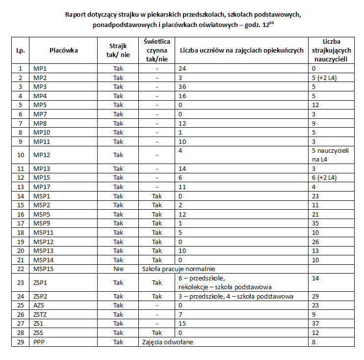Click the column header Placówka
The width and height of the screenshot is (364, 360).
[64, 50]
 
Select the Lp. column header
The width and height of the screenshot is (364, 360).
[20, 50]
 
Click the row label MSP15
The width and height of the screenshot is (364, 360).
[42, 269]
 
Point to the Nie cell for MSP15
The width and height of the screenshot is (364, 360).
[118, 269]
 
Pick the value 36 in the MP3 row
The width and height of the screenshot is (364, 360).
[182, 87]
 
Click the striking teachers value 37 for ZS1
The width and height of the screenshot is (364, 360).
[316, 324]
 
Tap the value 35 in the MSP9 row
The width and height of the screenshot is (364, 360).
[316, 223]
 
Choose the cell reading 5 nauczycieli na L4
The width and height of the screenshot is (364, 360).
[330, 155]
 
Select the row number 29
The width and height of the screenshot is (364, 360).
[20, 342]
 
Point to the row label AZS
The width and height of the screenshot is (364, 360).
[39, 305]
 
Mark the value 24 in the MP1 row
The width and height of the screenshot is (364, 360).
[182, 69]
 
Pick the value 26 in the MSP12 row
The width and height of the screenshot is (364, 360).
[316, 241]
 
